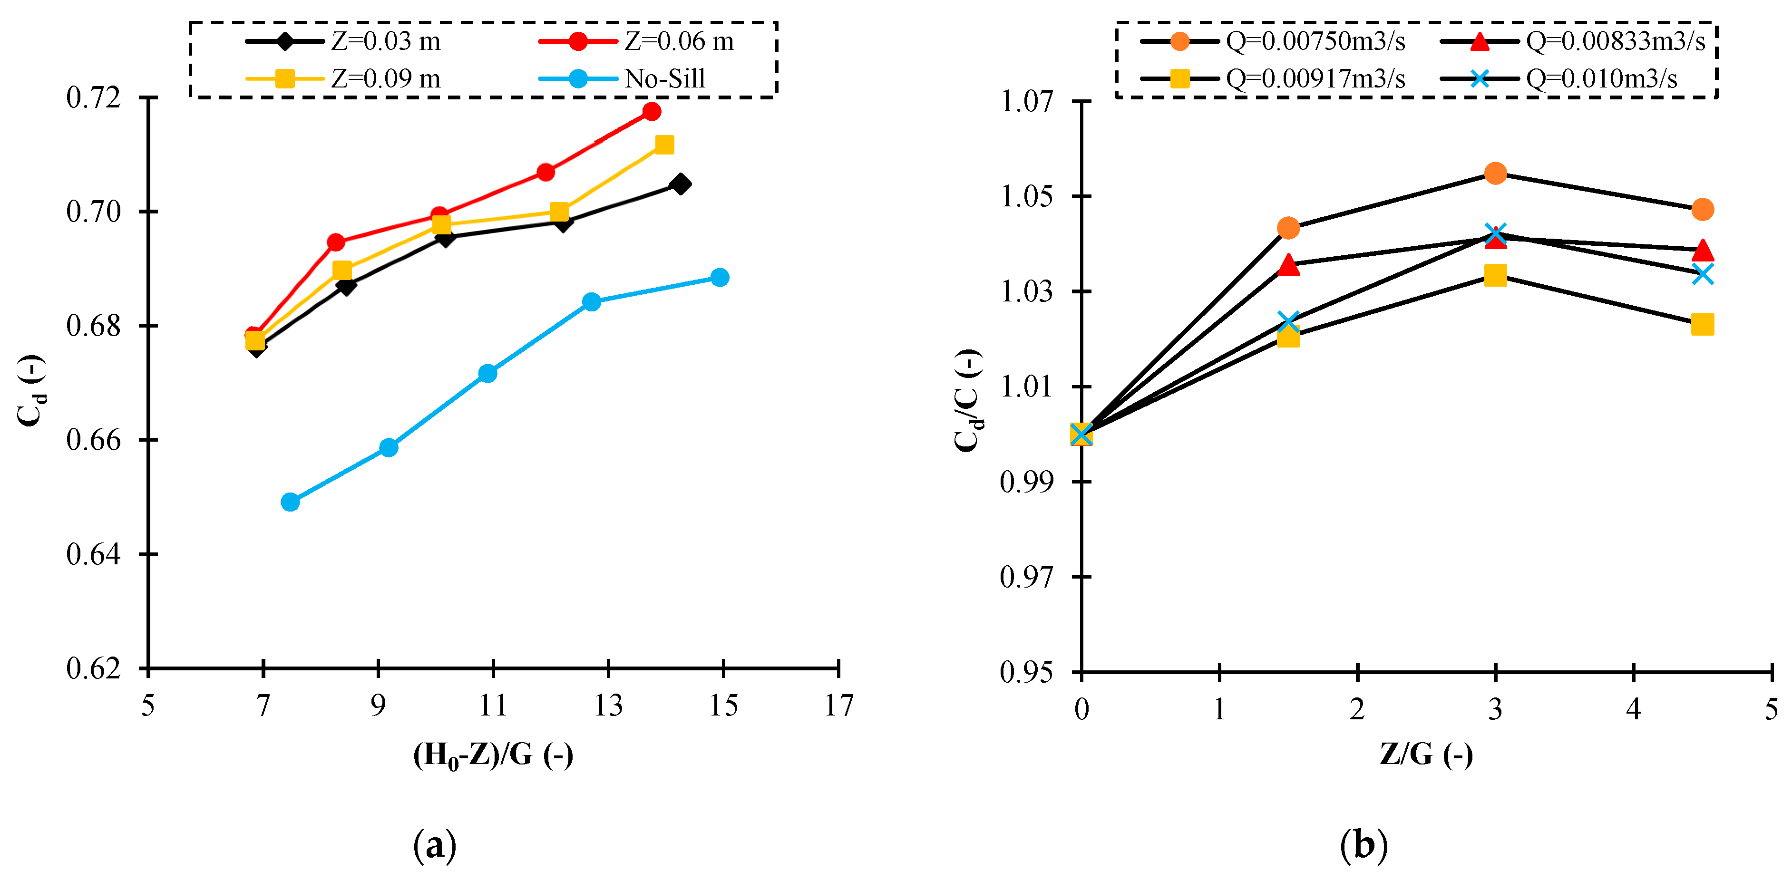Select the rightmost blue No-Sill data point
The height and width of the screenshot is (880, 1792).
tap(720, 278)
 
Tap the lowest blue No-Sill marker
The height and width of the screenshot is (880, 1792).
tap(290, 502)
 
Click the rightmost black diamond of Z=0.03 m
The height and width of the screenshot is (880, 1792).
tap(681, 184)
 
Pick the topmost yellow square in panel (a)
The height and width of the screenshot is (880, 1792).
tap(664, 145)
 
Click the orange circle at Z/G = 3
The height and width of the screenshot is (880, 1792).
tap(1495, 173)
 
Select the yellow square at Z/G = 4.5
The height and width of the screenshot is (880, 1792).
tap(1702, 324)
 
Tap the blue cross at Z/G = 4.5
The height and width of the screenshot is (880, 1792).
tap(1702, 274)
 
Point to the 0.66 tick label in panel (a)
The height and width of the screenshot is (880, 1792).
tap(93, 440)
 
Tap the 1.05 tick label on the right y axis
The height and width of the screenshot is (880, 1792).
tap(1026, 196)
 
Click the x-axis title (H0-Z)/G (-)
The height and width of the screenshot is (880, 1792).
tap(493, 755)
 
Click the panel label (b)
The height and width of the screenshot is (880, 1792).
tap(1363, 845)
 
